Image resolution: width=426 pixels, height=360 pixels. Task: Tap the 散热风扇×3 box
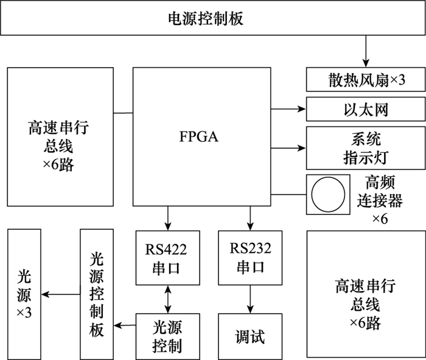coord(364,79)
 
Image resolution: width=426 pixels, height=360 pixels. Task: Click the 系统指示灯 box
coord(364,148)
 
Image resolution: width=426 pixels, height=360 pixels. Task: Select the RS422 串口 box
coord(166,258)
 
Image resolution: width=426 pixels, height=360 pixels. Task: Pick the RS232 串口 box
coord(250,258)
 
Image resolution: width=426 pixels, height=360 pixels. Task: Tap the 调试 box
coord(250,336)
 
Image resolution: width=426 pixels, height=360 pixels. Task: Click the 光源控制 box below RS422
coord(166,336)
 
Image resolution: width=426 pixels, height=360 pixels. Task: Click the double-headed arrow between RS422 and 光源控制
coord(166,300)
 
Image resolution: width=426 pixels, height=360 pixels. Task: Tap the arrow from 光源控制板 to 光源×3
coord(60,295)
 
